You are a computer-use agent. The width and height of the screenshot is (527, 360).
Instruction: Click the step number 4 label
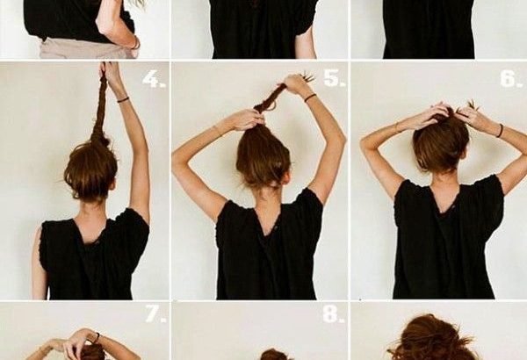pos(154,80)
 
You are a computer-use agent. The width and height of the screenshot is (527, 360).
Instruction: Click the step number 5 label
pos(334,78)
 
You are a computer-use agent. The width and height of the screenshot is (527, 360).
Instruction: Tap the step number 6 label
pos(511,79)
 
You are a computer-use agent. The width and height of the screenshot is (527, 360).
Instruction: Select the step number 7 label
pos(155,314)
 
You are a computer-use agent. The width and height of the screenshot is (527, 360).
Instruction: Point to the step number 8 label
pos(334,314)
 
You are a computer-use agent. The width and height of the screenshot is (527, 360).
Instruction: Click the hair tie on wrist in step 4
pos(123,99)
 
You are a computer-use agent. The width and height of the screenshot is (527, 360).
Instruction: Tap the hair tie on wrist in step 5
pos(310,97)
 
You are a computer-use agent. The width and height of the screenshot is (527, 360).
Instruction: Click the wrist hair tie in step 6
pos(501,131)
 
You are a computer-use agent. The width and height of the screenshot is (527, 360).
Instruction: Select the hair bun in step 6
pos(441,143)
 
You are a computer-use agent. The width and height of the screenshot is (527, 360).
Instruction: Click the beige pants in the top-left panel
pos(88,49)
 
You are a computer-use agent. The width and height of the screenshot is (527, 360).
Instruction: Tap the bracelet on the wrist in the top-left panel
pos(136,43)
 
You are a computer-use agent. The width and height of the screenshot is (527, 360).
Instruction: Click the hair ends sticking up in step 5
pos(308,77)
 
